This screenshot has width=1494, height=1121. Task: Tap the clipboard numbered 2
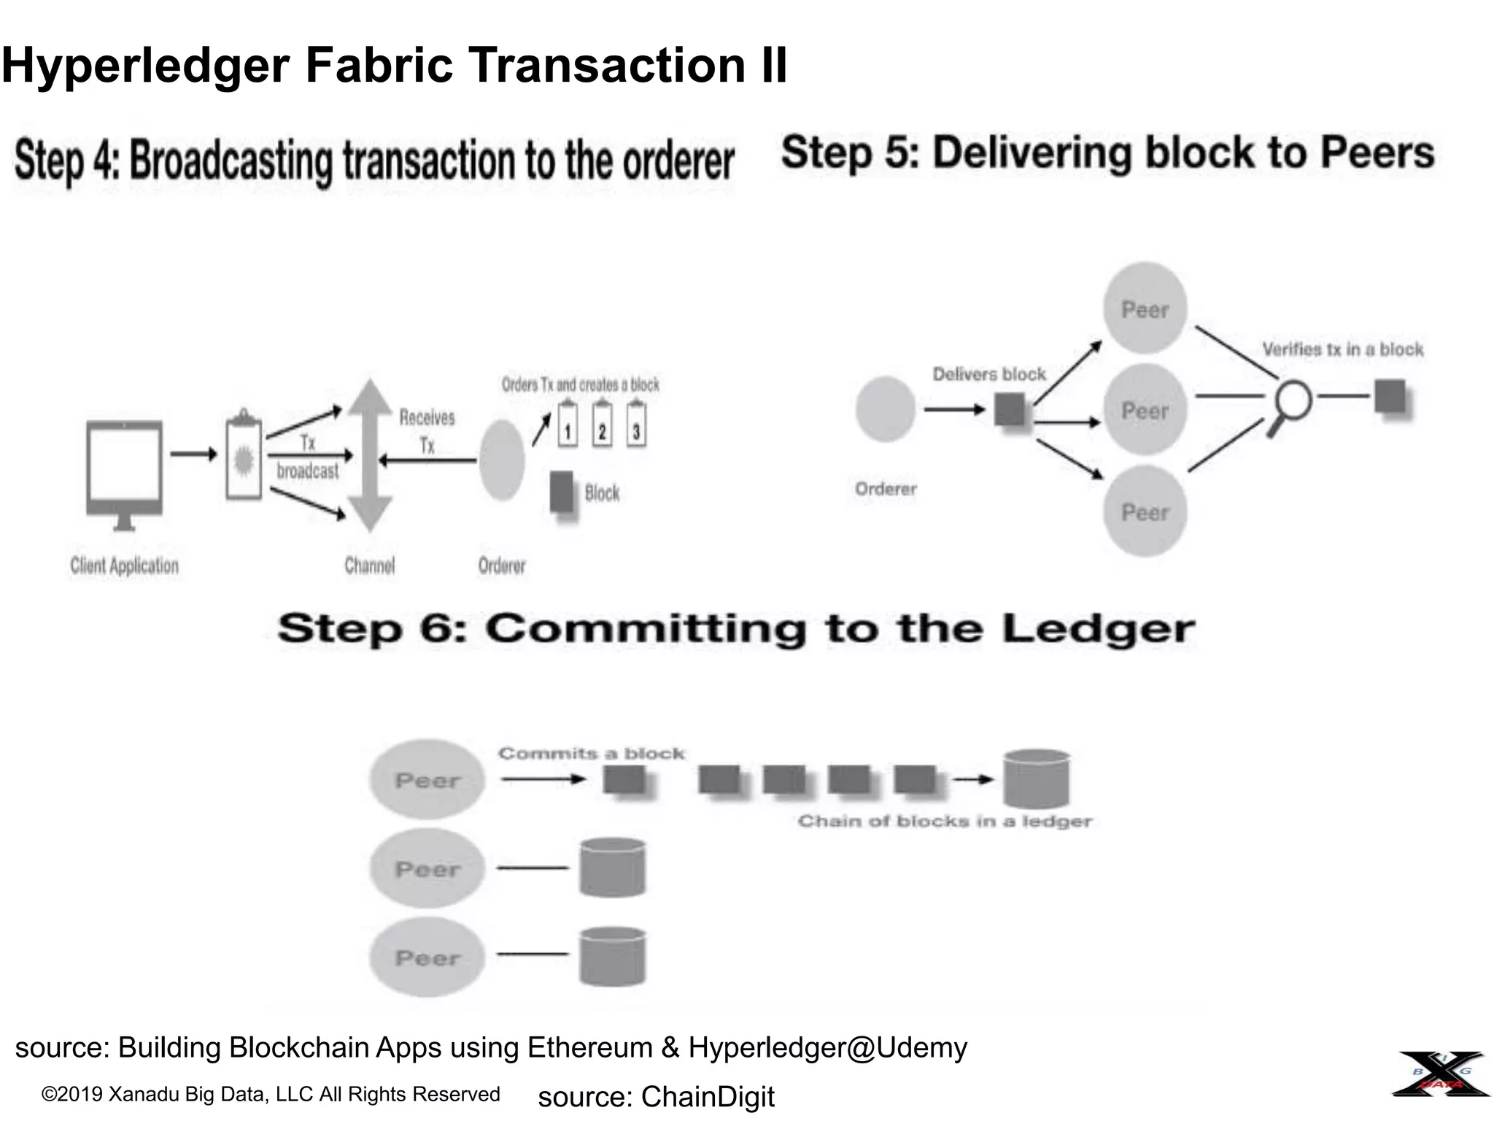(x=602, y=427)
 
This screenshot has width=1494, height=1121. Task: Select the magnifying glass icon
(x=1291, y=404)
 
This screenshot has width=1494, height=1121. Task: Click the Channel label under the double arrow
(x=370, y=566)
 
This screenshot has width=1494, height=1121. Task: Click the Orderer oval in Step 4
(x=502, y=460)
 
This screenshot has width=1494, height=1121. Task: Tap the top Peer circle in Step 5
(x=1145, y=309)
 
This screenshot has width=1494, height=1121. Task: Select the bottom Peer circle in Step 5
(x=1145, y=512)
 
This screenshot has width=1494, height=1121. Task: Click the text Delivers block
(x=988, y=374)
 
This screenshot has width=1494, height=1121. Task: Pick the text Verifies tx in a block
(x=1342, y=350)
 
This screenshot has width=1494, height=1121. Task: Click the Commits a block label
(x=591, y=753)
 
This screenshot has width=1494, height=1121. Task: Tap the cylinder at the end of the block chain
(x=1036, y=780)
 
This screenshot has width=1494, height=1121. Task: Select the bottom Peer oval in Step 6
(x=427, y=958)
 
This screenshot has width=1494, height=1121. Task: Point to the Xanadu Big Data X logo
(x=1441, y=1074)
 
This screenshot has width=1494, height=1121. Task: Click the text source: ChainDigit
(x=656, y=1097)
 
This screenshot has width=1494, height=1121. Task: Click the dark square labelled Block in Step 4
(x=562, y=493)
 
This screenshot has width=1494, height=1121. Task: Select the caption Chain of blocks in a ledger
(x=944, y=822)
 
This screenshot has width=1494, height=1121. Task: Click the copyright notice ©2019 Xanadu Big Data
(x=271, y=1094)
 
